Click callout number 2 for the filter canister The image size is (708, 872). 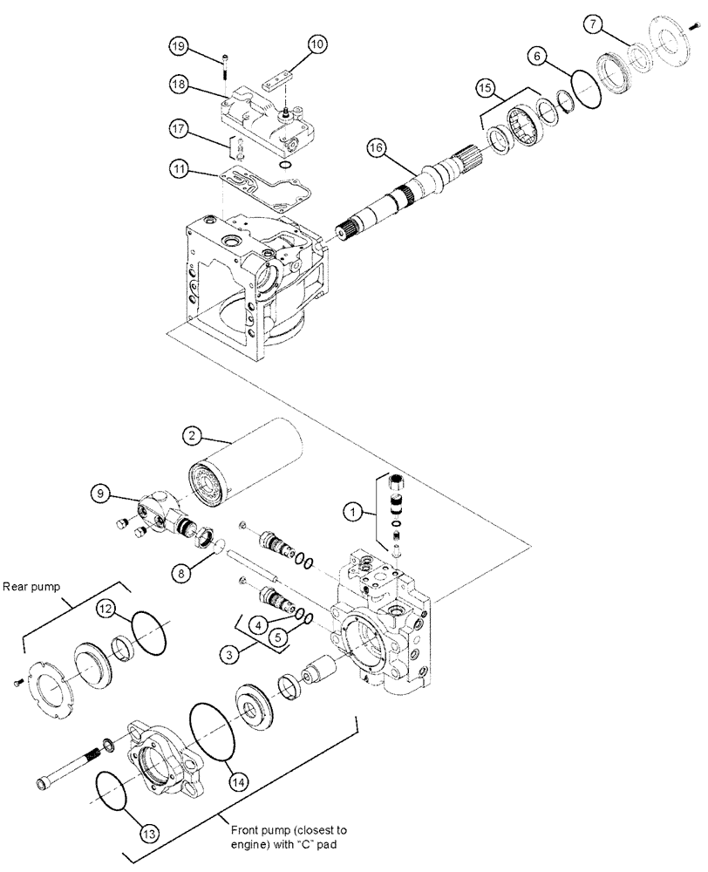194,433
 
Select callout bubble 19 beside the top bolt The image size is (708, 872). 180,47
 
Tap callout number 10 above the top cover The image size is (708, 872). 315,42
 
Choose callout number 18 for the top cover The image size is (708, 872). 179,84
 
